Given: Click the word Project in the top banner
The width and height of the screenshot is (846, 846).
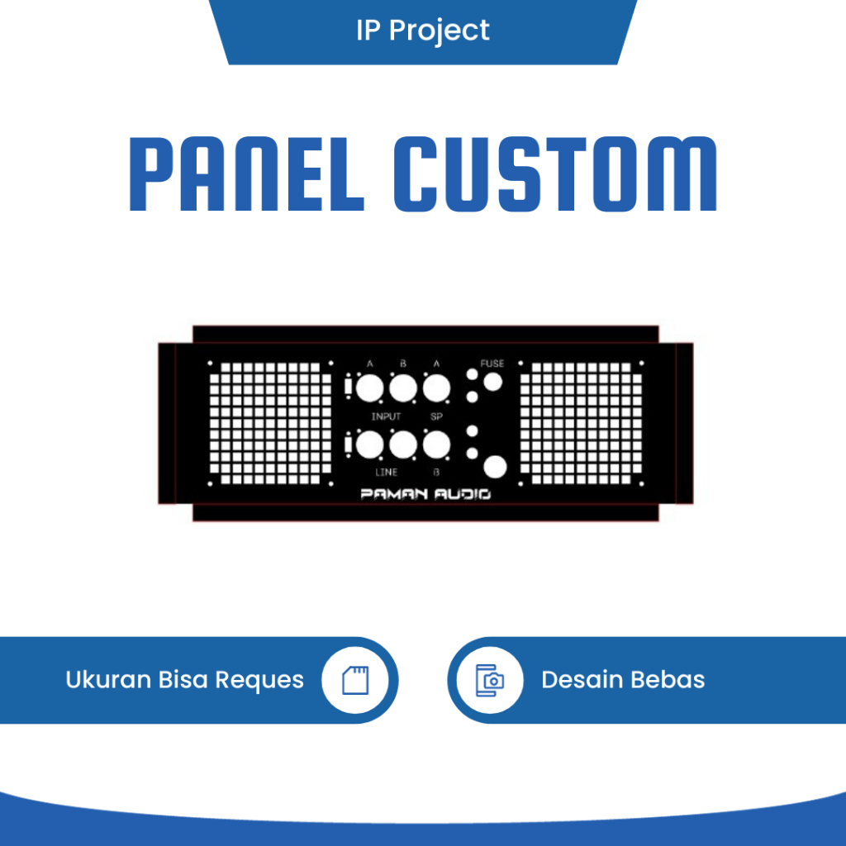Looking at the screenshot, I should pos(440,31).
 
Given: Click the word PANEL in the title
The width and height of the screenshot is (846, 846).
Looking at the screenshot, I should pos(246,176).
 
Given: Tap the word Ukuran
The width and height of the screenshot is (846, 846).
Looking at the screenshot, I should pos(108,680).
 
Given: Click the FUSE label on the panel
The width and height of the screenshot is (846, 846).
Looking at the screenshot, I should pos(492,364).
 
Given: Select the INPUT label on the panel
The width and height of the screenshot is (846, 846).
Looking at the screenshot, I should pos(386,416).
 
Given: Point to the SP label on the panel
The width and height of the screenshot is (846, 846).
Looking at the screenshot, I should pos(437,416).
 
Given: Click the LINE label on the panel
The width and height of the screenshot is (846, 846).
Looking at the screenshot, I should pos(386,472).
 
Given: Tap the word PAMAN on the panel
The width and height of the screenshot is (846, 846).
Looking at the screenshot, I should pos(392,495).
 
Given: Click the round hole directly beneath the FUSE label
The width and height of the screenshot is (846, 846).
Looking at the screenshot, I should pos(493,382).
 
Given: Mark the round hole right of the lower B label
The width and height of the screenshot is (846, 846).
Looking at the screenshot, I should pos(495,468).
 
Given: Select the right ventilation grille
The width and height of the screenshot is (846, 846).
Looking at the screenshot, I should pos(581,423).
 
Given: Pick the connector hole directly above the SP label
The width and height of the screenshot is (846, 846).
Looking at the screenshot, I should pos(436,388).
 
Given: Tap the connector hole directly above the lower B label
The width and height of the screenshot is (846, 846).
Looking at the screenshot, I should pos(436,445).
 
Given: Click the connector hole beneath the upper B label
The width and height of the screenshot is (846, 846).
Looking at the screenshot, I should pos(402,388).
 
